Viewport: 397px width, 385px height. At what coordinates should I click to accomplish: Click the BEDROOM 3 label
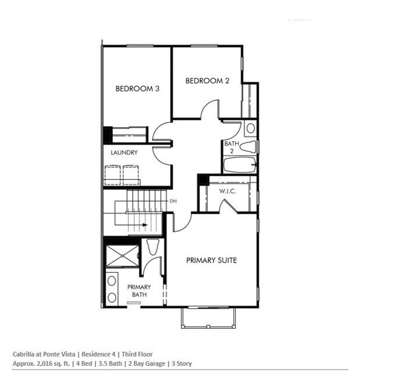point(138,89)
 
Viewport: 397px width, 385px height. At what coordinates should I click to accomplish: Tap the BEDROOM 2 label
point(207,81)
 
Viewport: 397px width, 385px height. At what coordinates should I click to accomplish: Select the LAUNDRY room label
point(124,153)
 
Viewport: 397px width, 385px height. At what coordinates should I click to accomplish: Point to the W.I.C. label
point(228,191)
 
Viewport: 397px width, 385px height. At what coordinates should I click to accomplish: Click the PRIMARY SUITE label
point(212,260)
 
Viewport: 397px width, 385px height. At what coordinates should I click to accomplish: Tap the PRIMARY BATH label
point(139,291)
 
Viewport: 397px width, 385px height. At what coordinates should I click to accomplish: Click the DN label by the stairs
point(173,201)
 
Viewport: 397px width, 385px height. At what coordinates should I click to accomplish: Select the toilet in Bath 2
point(248,147)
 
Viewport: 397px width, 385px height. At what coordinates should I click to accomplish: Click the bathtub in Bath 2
point(240,165)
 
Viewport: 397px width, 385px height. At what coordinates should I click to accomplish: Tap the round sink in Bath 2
point(251,128)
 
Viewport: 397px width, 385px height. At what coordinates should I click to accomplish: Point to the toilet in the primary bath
point(153,247)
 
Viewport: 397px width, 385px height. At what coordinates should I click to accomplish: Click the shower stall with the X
point(122,255)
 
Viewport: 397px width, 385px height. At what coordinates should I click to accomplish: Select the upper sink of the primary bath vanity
point(112,280)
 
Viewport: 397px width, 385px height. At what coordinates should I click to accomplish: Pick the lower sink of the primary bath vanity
point(112,298)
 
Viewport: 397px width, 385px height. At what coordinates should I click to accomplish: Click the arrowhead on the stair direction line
point(145,225)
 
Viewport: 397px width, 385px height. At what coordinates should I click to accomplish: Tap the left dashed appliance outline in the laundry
point(112,175)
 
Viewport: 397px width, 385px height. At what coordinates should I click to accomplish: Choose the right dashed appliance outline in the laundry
point(131,175)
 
